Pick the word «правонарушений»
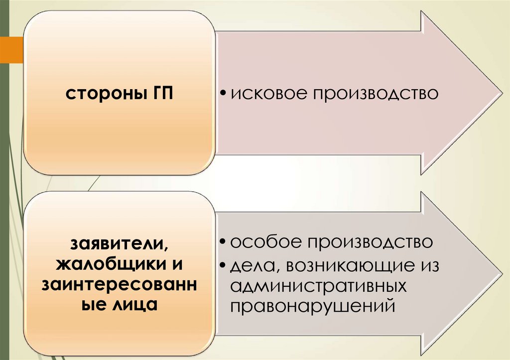312,305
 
